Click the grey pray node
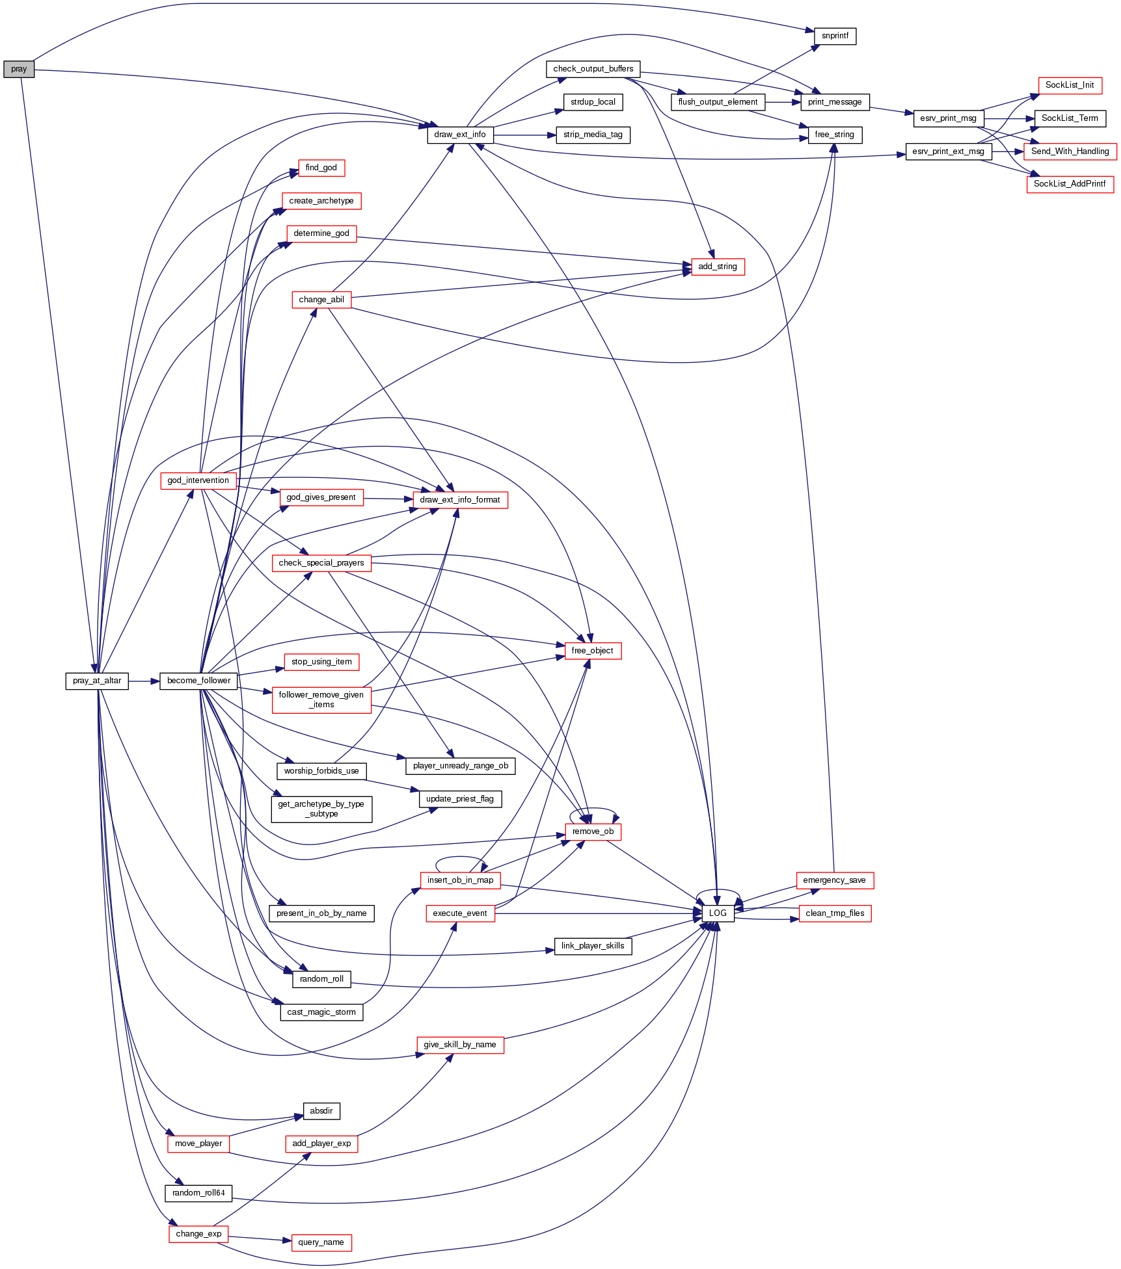click(18, 69)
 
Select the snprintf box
click(835, 36)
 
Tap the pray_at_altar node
click(97, 681)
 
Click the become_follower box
click(198, 681)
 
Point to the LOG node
click(718, 913)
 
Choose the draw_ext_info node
click(460, 135)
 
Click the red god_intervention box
click(198, 480)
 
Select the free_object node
click(593, 651)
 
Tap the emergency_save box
click(834, 880)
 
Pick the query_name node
click(321, 1242)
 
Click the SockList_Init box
click(1070, 85)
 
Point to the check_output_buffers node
click(593, 69)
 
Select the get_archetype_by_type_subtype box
click(321, 809)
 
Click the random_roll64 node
click(198, 1193)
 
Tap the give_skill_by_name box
click(460, 1045)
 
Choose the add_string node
click(717, 267)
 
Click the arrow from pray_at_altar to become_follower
click(144, 681)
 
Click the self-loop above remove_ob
click(593, 809)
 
